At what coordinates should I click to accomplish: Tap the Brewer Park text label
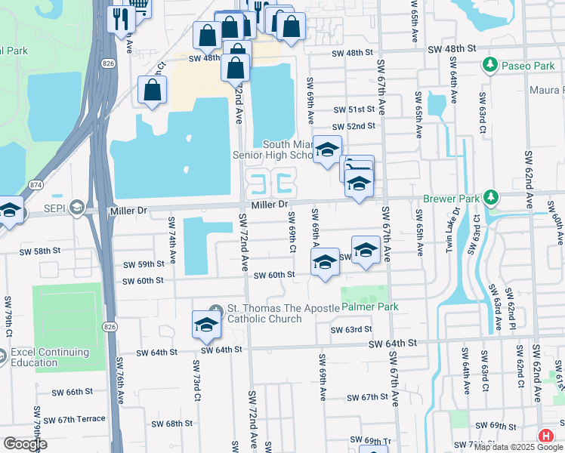452,199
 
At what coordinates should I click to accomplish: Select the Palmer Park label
369,307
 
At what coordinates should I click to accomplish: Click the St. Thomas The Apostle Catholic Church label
264,313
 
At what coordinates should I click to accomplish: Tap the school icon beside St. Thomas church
205,324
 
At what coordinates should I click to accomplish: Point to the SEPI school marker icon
76,207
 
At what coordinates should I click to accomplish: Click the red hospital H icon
546,436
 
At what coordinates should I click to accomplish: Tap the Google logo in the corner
25,443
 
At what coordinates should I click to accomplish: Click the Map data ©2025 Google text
518,447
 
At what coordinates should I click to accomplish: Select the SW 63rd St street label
351,329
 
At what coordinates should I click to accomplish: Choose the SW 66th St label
73,393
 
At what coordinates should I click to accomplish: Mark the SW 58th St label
39,251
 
